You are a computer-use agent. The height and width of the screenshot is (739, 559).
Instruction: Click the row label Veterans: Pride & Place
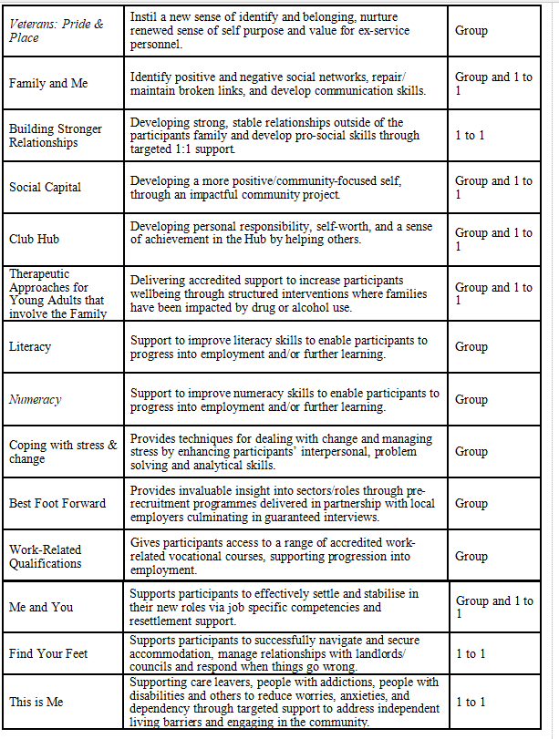click(x=57, y=30)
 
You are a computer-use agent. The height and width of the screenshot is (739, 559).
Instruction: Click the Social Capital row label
click(x=45, y=187)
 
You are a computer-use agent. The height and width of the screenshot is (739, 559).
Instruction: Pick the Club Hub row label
click(x=35, y=240)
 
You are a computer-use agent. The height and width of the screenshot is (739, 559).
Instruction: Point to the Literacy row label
click(x=30, y=346)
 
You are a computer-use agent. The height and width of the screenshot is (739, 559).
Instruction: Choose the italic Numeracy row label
click(x=35, y=399)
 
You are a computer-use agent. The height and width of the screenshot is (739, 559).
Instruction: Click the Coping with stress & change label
click(x=63, y=451)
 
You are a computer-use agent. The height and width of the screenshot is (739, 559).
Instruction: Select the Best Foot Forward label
click(x=57, y=503)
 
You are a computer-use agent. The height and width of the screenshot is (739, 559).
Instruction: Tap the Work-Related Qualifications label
click(x=45, y=556)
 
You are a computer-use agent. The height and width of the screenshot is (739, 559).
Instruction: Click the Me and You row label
click(x=40, y=607)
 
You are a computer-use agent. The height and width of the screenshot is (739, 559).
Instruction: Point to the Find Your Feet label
click(x=47, y=653)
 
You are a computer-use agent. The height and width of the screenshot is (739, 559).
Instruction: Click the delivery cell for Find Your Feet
click(x=471, y=653)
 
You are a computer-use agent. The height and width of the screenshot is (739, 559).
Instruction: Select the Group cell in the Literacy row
click(x=471, y=346)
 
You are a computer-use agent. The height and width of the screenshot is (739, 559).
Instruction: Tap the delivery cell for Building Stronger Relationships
click(x=471, y=135)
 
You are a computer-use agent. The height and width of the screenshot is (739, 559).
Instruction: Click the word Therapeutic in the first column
click(x=39, y=273)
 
